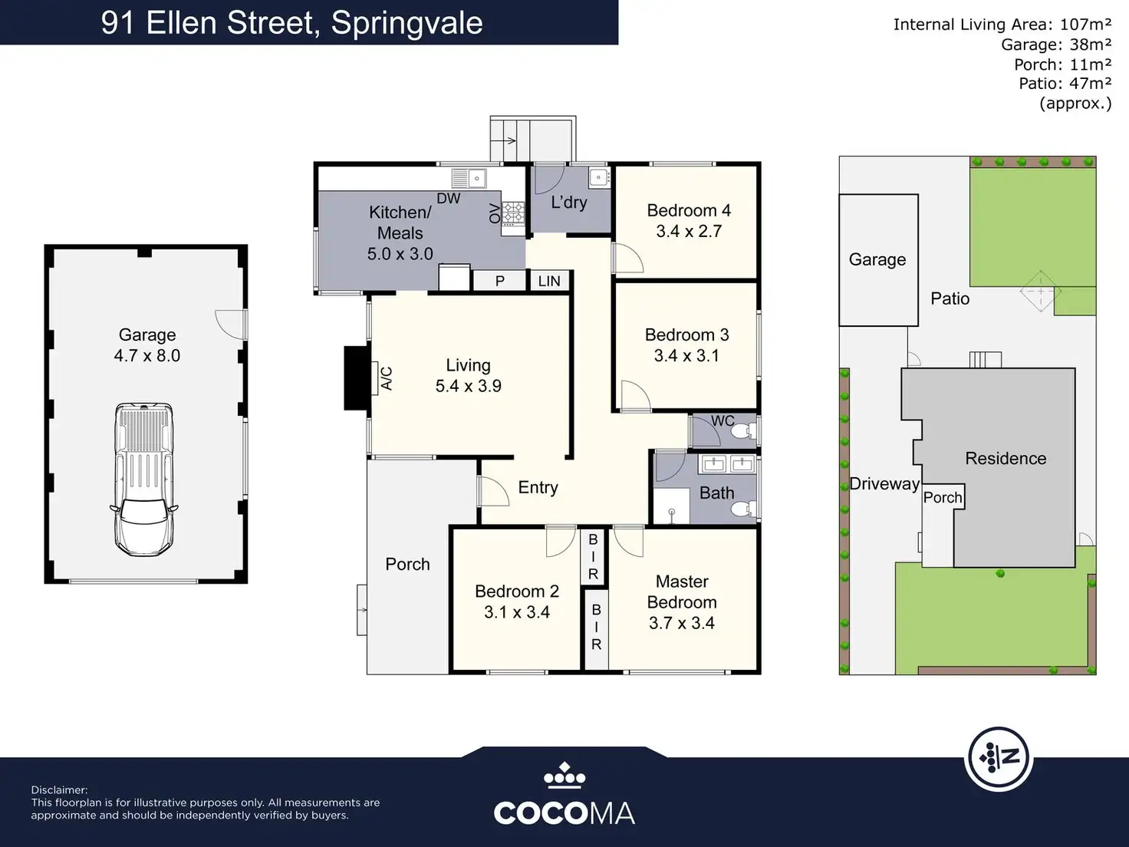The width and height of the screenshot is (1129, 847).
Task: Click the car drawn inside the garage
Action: pos(144,480)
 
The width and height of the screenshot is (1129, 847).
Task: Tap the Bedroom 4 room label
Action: pos(689,210)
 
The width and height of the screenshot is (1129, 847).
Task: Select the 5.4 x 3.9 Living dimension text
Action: pos(468,386)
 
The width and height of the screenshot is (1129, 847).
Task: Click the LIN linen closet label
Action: pos(549,282)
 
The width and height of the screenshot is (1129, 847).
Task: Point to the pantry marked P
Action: pos(499,281)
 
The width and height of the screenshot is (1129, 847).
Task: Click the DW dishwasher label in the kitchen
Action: pos(449,199)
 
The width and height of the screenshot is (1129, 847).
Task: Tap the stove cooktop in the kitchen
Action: pos(513,213)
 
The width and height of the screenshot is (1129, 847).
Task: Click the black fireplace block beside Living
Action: pos(357,378)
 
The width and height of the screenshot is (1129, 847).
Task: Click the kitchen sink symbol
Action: pos(469,179)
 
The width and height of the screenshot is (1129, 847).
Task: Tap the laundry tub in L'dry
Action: pos(599,177)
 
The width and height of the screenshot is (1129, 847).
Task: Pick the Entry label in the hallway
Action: pos(538,487)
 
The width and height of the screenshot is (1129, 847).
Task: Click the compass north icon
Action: pos(999,758)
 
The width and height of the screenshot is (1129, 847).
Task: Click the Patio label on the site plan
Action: pos(950,298)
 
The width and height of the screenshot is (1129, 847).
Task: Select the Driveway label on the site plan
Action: pos(884,484)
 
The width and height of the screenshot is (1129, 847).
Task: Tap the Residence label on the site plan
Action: pos(1006,458)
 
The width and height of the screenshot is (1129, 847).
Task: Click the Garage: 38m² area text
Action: pos(1056,44)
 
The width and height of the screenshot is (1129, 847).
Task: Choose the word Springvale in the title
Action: pos(407,23)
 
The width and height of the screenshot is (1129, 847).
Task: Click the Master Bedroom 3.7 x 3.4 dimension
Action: pos(682,623)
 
